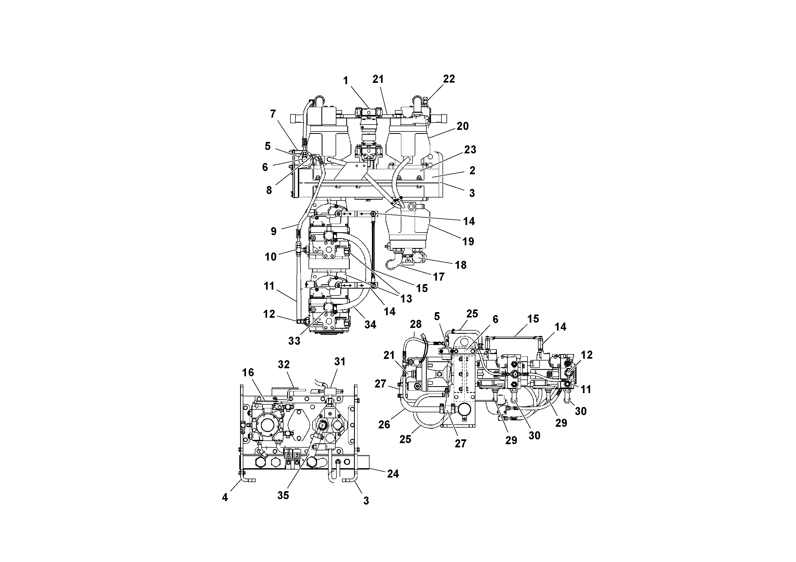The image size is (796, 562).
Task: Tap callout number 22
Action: click(x=449, y=79)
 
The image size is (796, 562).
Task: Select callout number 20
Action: click(x=463, y=126)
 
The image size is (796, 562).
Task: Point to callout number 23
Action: click(x=470, y=150)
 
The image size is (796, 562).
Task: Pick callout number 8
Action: click(x=269, y=190)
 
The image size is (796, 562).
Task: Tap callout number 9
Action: click(x=274, y=231)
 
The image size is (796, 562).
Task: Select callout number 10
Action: click(x=271, y=257)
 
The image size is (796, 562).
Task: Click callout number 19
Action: click(x=468, y=242)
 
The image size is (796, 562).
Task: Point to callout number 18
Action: click(x=460, y=265)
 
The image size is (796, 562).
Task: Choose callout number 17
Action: click(x=439, y=277)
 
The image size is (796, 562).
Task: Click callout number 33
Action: click(x=294, y=341)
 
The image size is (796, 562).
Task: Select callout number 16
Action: click(x=248, y=373)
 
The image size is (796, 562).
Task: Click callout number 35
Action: click(x=283, y=495)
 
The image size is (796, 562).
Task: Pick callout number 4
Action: click(x=225, y=498)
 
